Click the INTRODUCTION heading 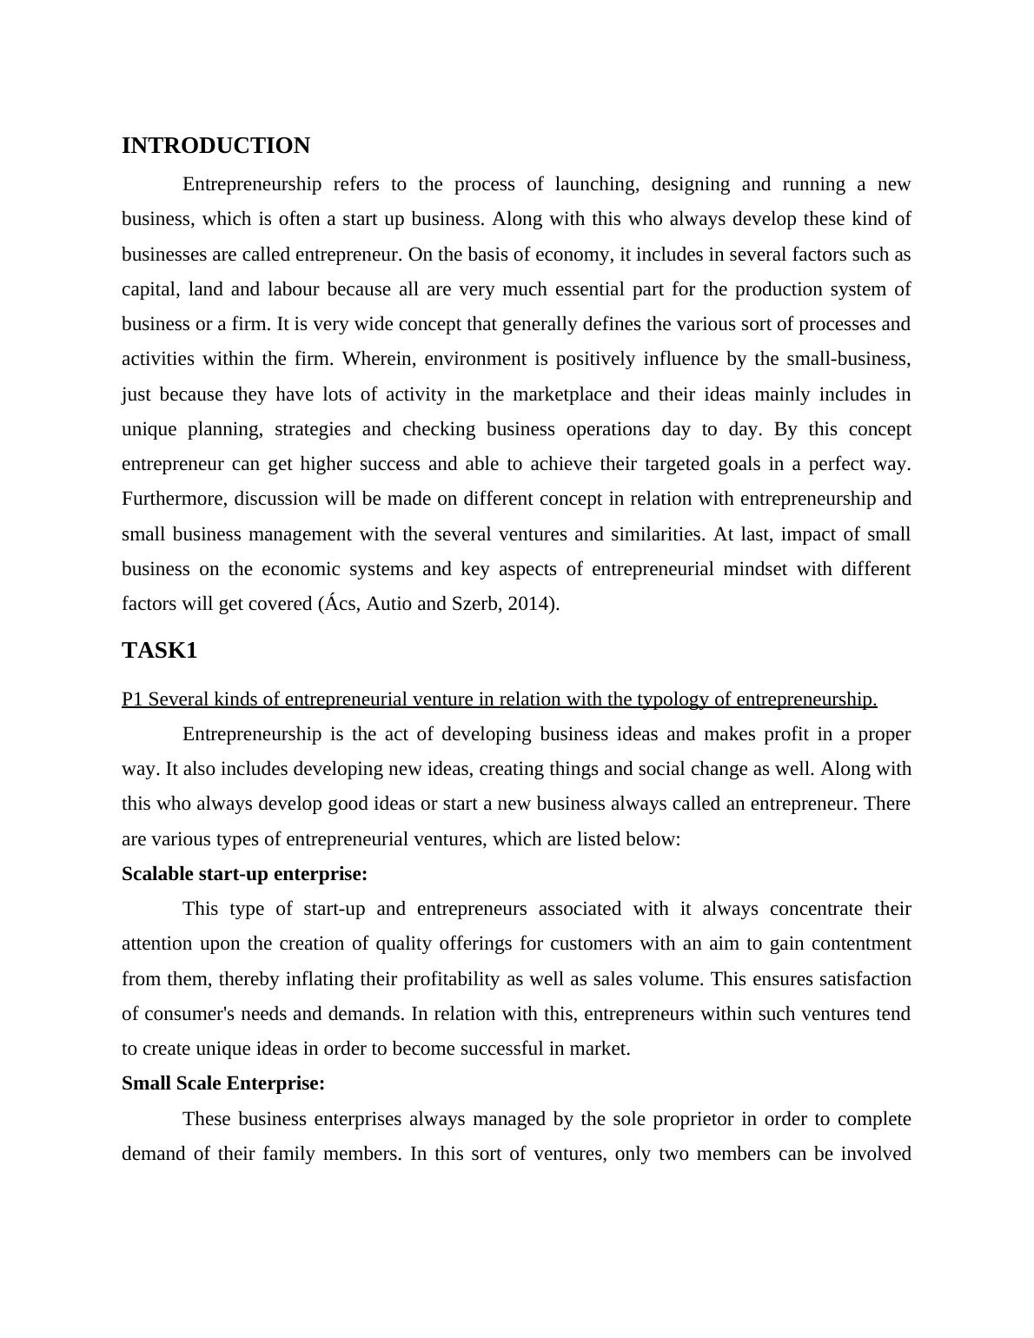click(215, 146)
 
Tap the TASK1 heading click(159, 651)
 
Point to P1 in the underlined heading click(132, 699)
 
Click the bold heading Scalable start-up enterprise click(244, 874)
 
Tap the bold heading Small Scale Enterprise click(223, 1083)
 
